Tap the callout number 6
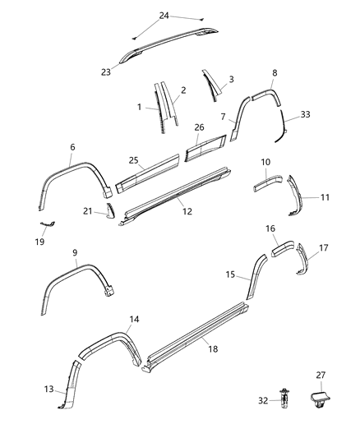click(72, 147)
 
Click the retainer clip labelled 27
click(319, 399)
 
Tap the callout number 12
click(187, 211)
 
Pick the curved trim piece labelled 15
click(254, 274)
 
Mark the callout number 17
click(324, 247)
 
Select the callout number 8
click(274, 73)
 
